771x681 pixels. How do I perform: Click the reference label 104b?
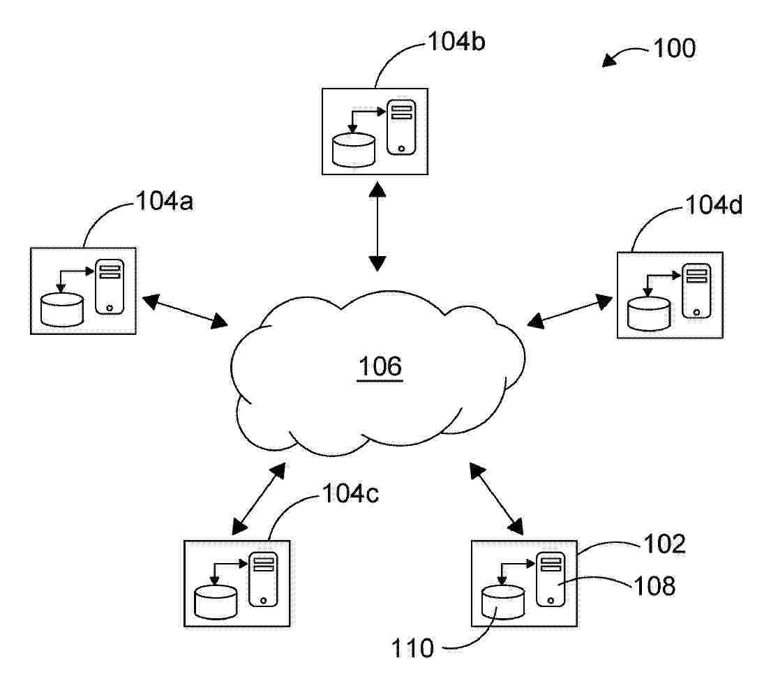click(457, 41)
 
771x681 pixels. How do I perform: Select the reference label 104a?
click(165, 201)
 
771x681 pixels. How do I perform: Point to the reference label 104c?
click(350, 493)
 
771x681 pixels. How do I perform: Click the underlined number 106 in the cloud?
click(380, 367)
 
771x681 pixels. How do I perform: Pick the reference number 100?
click(675, 48)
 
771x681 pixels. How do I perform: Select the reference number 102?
click(664, 544)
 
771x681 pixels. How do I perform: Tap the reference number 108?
click(654, 586)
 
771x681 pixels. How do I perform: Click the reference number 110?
click(413, 648)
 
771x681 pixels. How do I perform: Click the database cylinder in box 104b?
click(354, 149)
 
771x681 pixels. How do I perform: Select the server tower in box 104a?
click(110, 287)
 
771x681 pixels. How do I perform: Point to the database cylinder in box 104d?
click(649, 314)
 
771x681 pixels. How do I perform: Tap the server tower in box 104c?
click(264, 579)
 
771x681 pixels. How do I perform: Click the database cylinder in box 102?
click(503, 602)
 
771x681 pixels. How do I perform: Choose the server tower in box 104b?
click(401, 128)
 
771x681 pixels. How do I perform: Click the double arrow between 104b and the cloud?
click(377, 227)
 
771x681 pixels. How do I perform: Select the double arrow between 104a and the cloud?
click(185, 310)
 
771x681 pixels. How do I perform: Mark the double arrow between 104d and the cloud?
click(570, 310)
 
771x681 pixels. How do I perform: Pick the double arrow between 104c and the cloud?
click(259, 499)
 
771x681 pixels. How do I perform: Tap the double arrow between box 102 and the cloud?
click(497, 499)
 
